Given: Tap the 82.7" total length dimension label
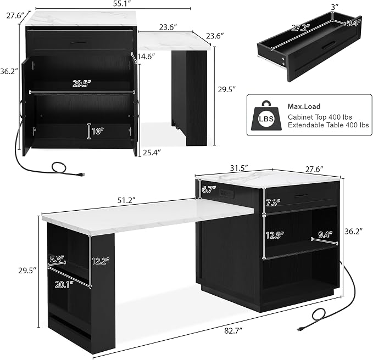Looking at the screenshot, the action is pos(233,331).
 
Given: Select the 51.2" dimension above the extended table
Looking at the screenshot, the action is pos(126,200).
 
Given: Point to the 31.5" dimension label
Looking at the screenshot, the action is pos(239,168).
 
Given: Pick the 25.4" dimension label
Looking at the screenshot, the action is pos(152,153).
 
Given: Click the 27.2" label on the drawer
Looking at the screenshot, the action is pos(300,28).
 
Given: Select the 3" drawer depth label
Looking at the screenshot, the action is pos(335,7).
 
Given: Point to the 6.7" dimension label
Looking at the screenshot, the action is pos(209,189).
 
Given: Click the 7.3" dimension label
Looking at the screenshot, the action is pos(272,203).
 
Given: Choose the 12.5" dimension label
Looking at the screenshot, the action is pos(275,235).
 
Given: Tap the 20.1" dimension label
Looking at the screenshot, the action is pos(64,284).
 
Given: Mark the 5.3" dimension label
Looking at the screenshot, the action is pos(57,258).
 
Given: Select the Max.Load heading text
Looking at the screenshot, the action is pos(304,106).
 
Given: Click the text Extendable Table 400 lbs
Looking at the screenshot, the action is pos(329,125).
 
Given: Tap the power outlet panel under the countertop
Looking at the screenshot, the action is pos(226,193).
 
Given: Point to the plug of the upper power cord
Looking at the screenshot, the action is pos(80,175).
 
